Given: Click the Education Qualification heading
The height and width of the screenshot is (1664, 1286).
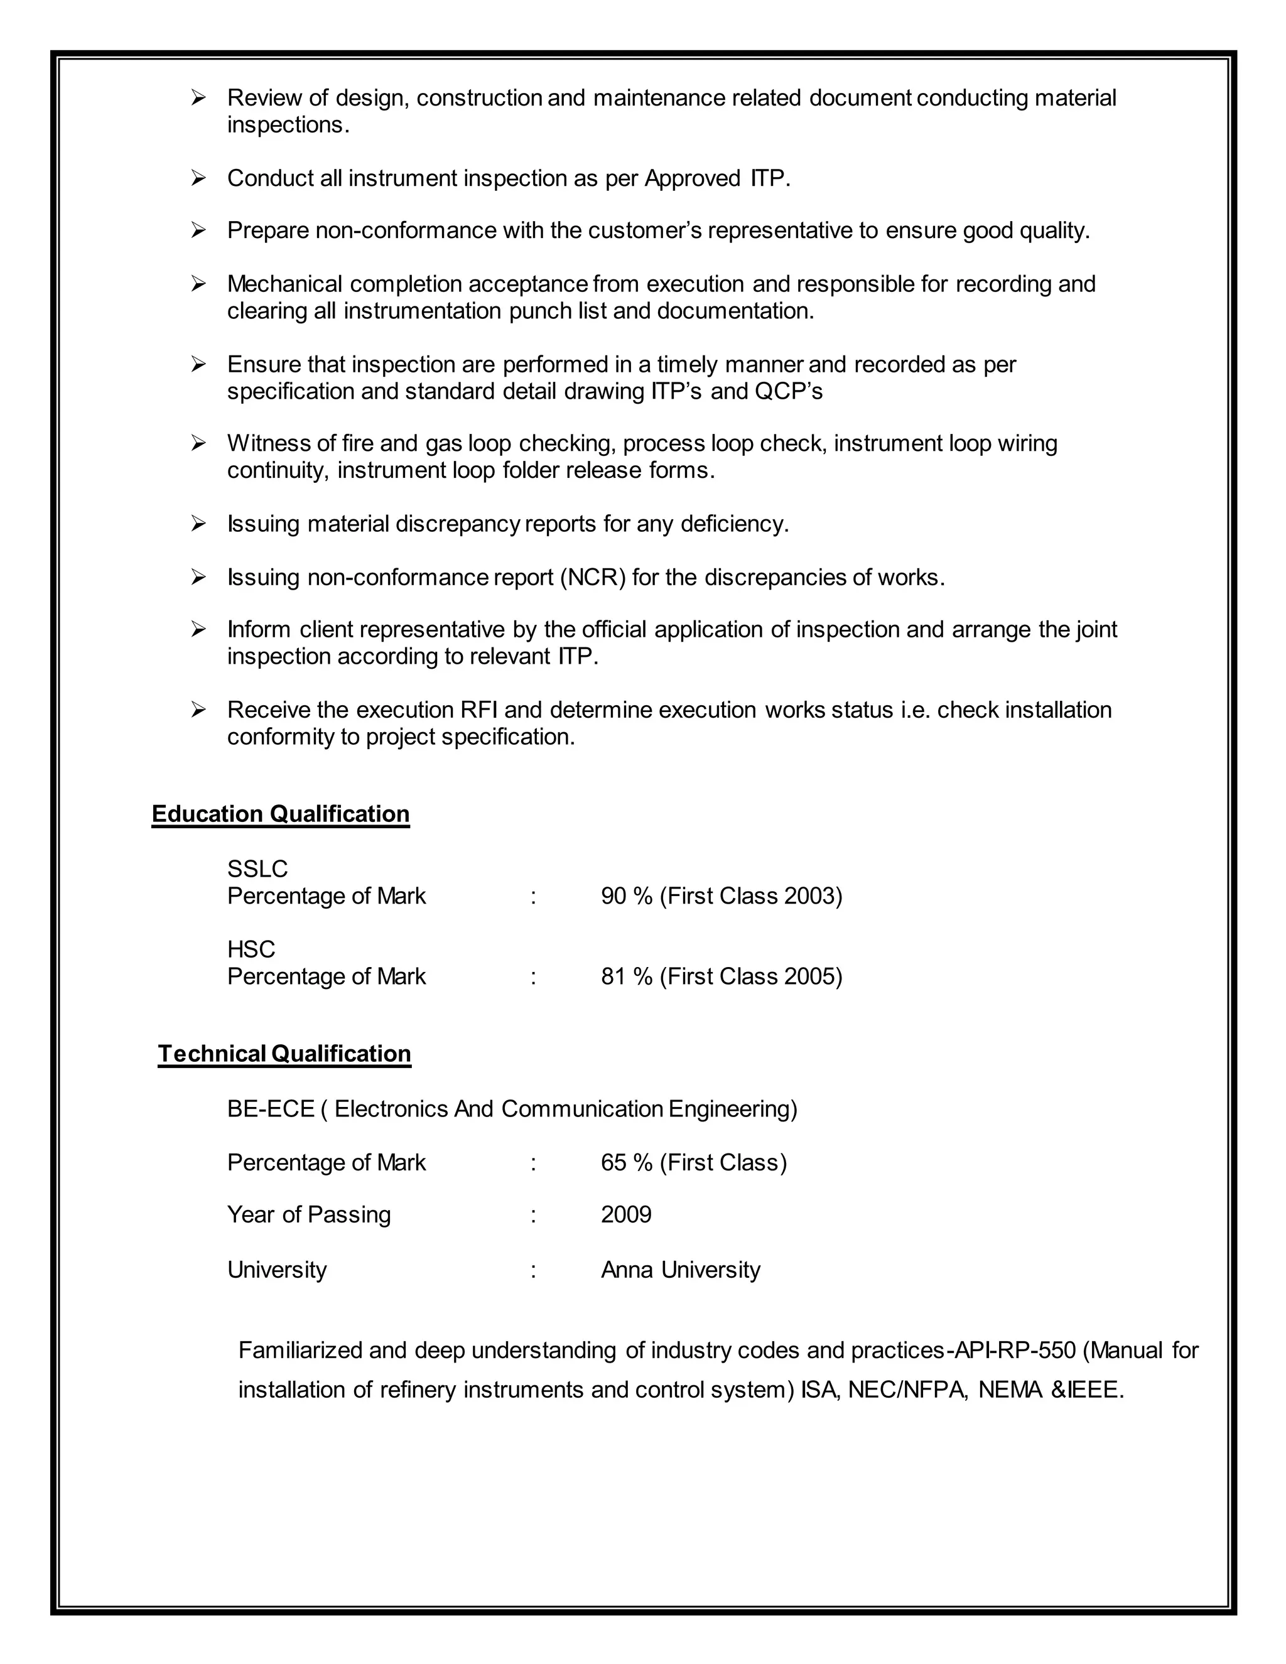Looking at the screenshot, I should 280,814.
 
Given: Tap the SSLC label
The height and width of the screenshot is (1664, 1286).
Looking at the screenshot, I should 257,868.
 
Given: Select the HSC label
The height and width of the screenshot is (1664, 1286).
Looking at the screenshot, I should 251,949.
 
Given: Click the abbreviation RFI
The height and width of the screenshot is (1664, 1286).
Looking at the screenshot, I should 478,710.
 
